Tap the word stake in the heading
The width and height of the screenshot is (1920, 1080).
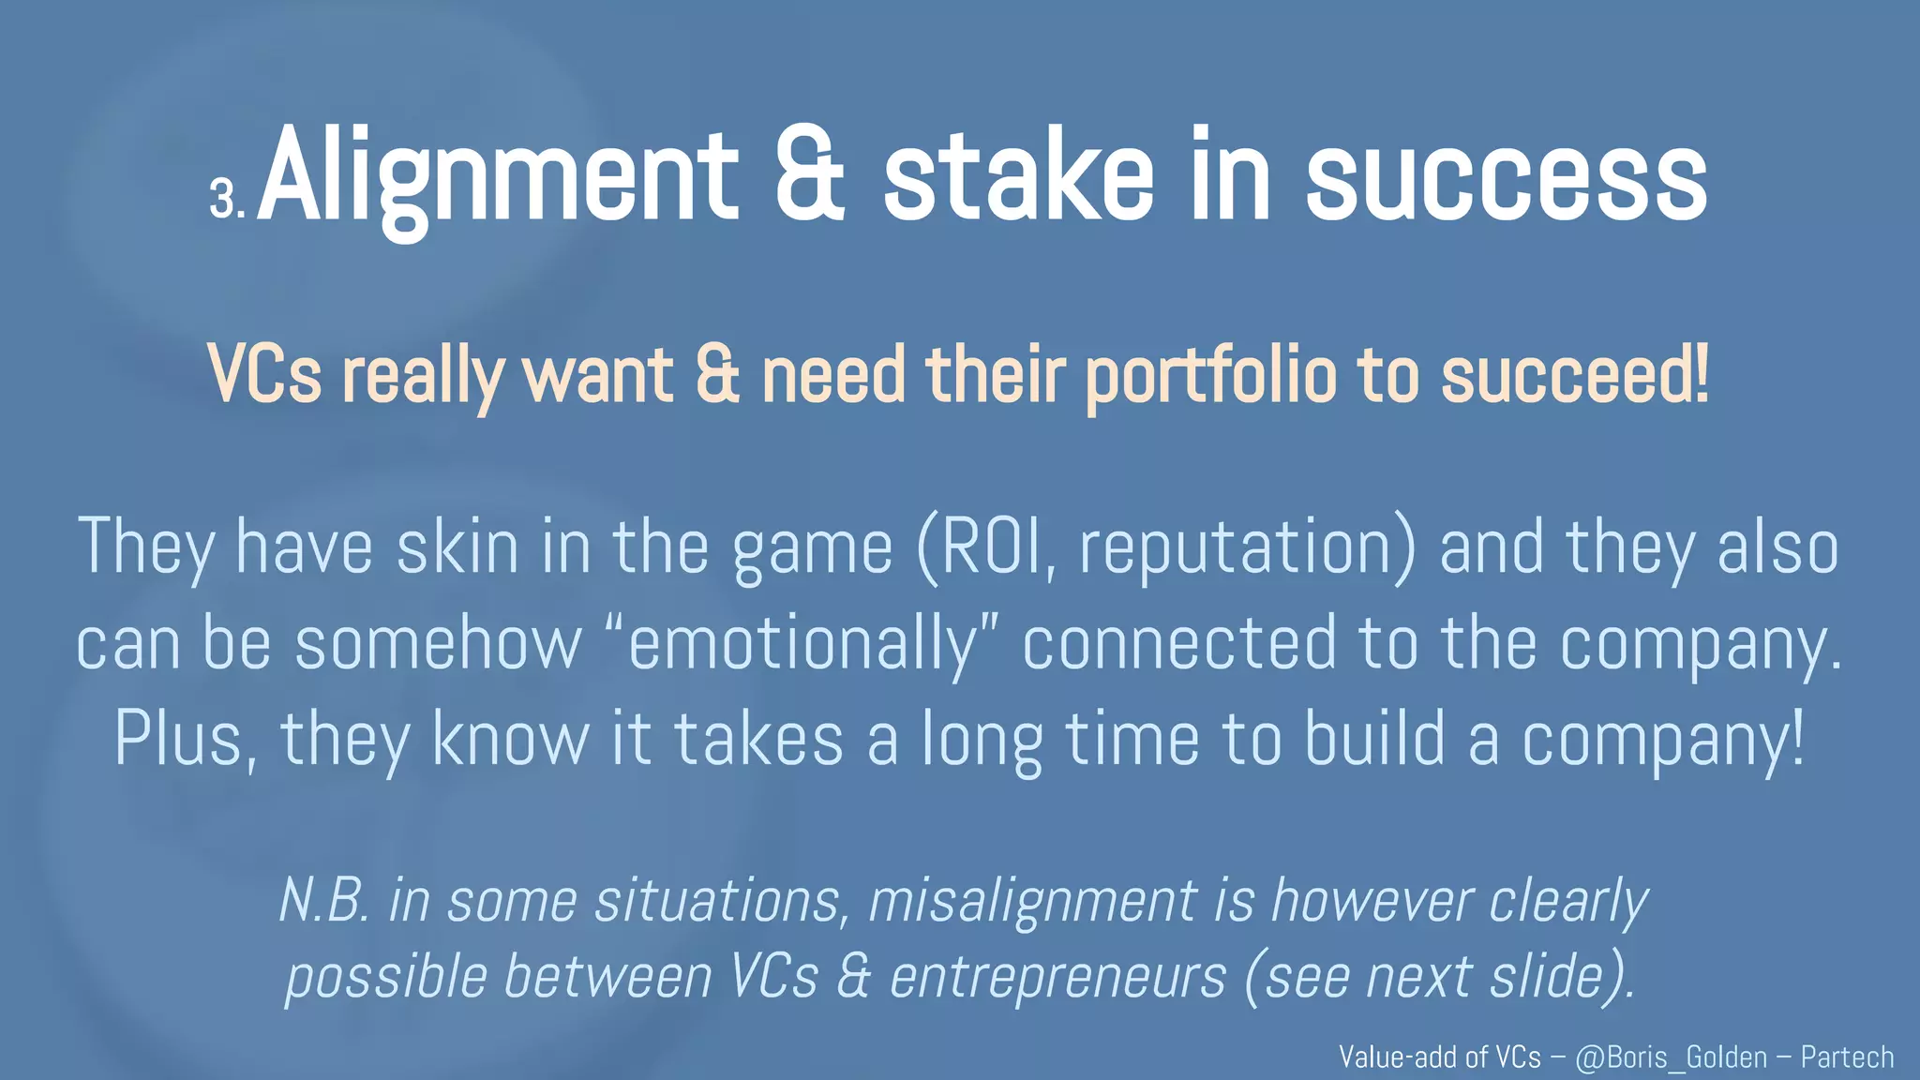click(x=1018, y=177)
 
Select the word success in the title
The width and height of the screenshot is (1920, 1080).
click(x=1507, y=177)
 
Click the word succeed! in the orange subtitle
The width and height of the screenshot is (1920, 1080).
click(x=1575, y=374)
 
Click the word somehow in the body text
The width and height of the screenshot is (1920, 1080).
click(x=439, y=644)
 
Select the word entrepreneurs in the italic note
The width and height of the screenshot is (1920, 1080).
click(x=1057, y=977)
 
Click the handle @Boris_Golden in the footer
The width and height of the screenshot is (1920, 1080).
click(x=1672, y=1057)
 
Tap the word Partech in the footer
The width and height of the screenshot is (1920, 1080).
click(x=1847, y=1057)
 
